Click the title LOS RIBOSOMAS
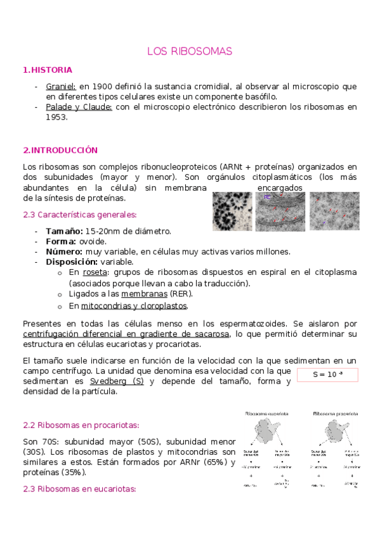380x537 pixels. [x=190, y=51]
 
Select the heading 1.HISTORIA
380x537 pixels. [x=48, y=70]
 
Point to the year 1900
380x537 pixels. [x=103, y=86]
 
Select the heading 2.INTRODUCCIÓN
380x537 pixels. [x=60, y=150]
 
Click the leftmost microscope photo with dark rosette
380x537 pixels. [x=232, y=212]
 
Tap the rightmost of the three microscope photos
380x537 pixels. [x=334, y=212]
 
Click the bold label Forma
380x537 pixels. [x=61, y=241]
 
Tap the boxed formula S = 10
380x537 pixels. [x=327, y=375]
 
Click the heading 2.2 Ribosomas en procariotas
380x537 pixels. [x=81, y=424]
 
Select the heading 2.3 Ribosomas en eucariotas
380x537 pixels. [x=79, y=489]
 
